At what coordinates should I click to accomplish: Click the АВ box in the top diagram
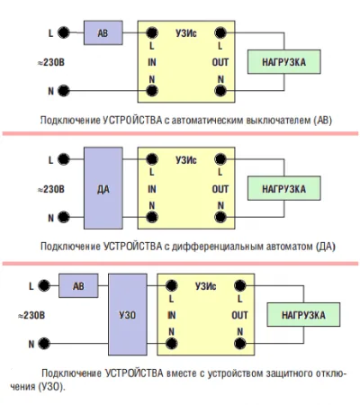click(103, 32)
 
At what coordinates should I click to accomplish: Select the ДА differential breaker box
click(103, 188)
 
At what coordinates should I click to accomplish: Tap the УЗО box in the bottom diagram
click(128, 314)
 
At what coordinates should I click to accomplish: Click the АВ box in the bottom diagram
click(78, 285)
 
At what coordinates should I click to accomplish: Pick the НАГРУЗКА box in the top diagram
click(284, 62)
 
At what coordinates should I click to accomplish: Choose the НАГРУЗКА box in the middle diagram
click(284, 188)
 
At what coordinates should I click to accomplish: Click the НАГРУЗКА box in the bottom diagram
click(303, 315)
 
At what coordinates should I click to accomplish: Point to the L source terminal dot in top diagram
click(63, 32)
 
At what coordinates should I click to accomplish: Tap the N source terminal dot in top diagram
click(63, 90)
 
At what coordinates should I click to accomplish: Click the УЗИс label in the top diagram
click(186, 33)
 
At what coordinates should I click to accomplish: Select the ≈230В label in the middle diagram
click(51, 189)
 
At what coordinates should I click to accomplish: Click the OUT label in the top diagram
click(220, 62)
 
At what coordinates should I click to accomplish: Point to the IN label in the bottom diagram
click(172, 315)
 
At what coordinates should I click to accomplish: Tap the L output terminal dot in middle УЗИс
click(220, 159)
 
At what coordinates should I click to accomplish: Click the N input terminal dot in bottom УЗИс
click(171, 344)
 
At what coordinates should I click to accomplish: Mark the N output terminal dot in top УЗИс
click(220, 90)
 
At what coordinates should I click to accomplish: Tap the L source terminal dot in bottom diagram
click(44, 285)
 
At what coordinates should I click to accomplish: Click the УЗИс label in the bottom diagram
click(206, 286)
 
